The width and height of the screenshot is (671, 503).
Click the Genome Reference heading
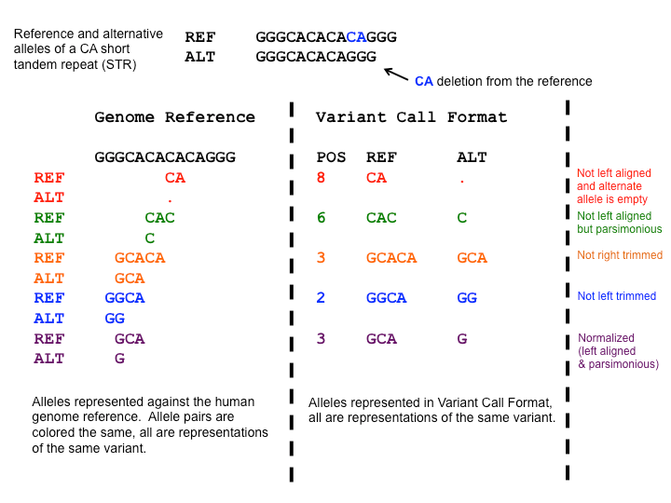tap(174, 117)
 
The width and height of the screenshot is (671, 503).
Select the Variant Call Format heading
tap(411, 117)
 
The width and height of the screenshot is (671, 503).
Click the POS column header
tap(331, 157)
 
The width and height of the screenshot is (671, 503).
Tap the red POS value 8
tap(321, 178)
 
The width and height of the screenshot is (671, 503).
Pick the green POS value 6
tap(321, 218)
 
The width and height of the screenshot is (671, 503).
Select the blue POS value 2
tap(321, 298)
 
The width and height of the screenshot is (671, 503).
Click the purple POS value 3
tap(321, 339)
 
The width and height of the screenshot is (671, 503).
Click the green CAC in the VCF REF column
tap(381, 218)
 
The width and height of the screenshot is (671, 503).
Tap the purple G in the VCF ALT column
tap(461, 339)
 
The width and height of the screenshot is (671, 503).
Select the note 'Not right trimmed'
tap(620, 255)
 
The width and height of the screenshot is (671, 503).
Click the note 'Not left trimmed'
tap(616, 296)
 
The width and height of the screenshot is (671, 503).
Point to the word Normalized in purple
tap(606, 338)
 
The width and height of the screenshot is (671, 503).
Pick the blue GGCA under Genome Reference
tap(125, 298)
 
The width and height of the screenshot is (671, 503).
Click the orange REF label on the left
tap(49, 258)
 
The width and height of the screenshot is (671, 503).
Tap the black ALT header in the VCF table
tap(472, 157)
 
